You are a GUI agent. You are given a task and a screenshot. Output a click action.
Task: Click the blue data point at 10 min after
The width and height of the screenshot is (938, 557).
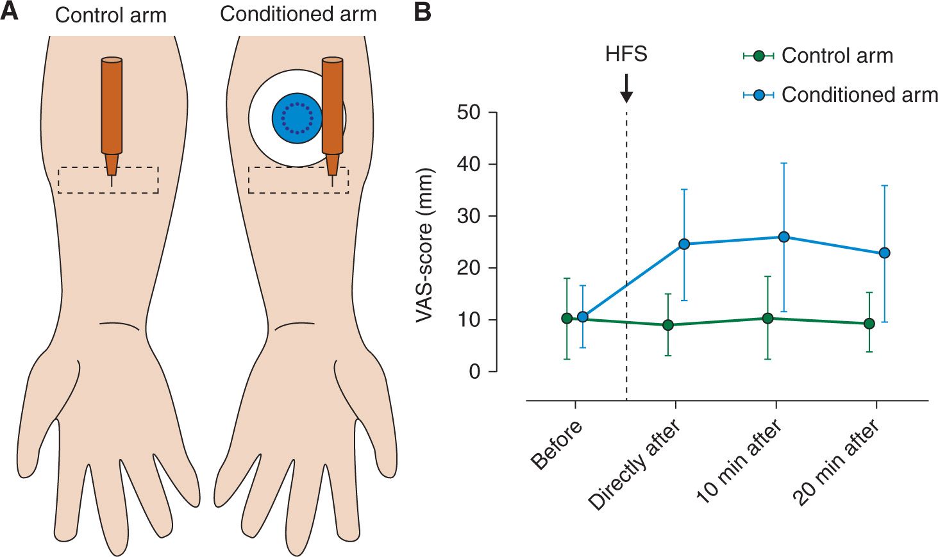click(783, 237)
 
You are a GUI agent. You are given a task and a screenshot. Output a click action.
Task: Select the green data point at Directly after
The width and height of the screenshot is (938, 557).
click(668, 325)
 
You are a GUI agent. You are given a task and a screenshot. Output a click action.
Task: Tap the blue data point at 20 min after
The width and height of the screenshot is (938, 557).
click(884, 253)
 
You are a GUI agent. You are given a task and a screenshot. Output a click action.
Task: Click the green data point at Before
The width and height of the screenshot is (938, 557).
click(567, 319)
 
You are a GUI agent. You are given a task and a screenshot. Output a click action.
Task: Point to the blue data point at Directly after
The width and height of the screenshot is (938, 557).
click(684, 244)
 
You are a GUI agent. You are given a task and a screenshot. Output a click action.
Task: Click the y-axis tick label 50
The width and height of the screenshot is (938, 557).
click(468, 113)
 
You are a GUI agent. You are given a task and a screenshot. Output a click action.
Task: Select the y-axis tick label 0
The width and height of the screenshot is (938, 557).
click(474, 372)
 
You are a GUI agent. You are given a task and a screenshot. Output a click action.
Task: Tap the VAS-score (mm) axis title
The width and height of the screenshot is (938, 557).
click(425, 245)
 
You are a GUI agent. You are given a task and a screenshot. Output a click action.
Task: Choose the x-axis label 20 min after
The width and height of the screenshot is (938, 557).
click(837, 463)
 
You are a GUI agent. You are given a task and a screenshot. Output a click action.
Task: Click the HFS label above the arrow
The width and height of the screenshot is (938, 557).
click(626, 54)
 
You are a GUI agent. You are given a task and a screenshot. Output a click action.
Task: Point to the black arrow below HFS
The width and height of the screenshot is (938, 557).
click(626, 88)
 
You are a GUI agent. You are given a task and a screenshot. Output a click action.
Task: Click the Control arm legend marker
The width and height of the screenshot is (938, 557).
click(758, 56)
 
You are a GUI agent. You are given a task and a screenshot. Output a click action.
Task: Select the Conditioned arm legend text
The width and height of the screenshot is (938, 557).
click(859, 95)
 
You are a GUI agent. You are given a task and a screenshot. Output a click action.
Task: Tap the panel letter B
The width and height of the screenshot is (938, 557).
click(423, 12)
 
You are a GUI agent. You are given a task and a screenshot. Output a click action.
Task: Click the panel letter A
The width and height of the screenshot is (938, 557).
click(10, 12)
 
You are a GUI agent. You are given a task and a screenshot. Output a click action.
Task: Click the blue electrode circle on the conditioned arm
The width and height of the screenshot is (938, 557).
click(297, 118)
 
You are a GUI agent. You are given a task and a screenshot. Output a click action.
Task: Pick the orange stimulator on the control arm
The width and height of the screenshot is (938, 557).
click(112, 109)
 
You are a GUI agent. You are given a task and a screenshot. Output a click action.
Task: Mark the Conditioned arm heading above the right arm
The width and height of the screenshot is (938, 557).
click(298, 14)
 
